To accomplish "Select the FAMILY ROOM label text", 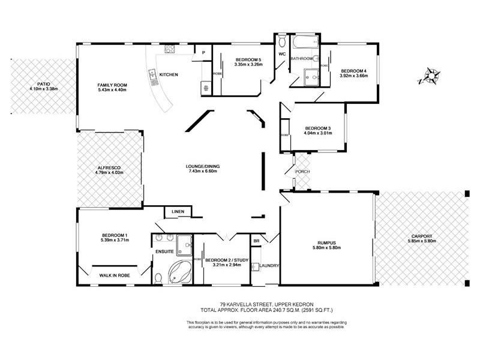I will click(111, 85).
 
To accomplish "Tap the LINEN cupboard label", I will click(178, 212).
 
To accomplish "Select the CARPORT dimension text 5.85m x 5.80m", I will click(419, 241).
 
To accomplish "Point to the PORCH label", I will click(302, 171).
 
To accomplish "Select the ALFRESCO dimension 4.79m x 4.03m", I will click(109, 173).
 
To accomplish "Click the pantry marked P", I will click(204, 52).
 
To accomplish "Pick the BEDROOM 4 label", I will click(353, 71).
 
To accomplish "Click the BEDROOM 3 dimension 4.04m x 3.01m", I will click(317, 134).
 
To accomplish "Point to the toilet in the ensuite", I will click(158, 277).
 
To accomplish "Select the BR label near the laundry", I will click(256, 241).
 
